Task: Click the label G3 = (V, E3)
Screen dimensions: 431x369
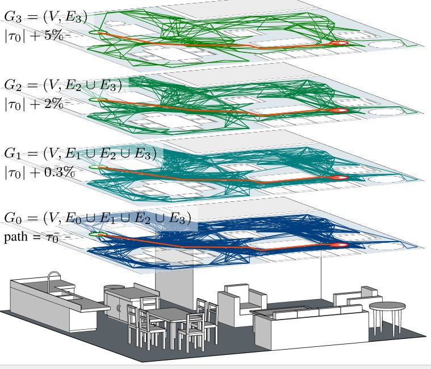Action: pyautogui.click(x=45, y=18)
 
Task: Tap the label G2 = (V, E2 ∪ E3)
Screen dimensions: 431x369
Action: pyautogui.click(x=62, y=85)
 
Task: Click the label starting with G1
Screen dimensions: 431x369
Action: pyautogui.click(x=79, y=154)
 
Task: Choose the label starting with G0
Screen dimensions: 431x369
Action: pyautogui.click(x=97, y=218)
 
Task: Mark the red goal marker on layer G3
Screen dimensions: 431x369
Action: pyautogui.click(x=339, y=43)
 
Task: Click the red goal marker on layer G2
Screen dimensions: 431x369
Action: pyautogui.click(x=340, y=110)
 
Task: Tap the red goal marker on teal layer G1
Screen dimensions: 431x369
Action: pyautogui.click(x=339, y=177)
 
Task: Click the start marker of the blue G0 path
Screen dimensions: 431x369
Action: pyautogui.click(x=101, y=234)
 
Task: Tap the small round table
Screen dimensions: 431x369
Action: pyautogui.click(x=387, y=308)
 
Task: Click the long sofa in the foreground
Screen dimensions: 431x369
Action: pyautogui.click(x=307, y=324)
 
